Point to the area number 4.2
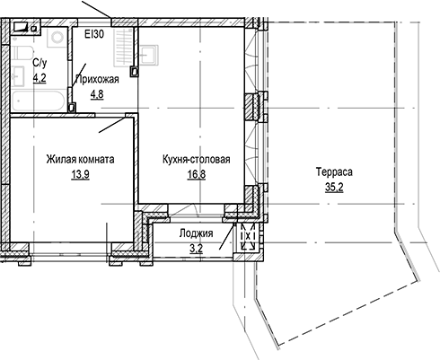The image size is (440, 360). click(40, 78)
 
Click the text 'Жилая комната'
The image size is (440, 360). click(80, 161)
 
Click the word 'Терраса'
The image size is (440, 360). click(333, 172)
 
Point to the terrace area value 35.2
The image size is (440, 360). click(333, 187)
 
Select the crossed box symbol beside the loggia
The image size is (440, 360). click(248, 239)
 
